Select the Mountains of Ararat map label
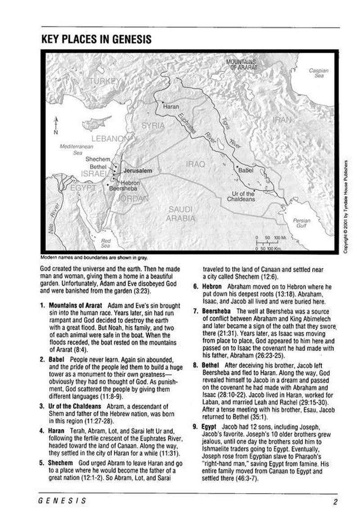coord(241,64)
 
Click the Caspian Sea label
coord(319,73)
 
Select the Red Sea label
coord(106,243)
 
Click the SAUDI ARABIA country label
coord(181,214)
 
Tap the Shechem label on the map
coord(98,159)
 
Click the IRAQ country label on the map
coord(195,165)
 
